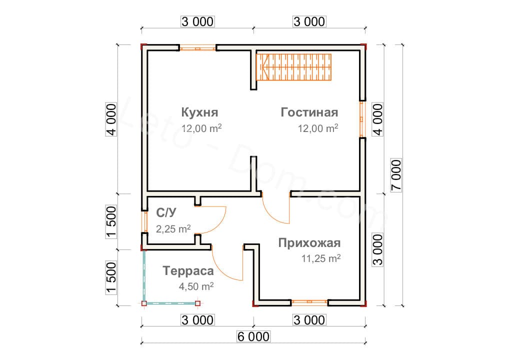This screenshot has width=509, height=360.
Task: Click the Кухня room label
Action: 199,111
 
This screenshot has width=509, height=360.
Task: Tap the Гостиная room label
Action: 309,112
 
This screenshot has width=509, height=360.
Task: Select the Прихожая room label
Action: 309,243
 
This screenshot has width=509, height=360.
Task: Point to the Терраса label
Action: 188,271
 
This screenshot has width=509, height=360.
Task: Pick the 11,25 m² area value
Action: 320,259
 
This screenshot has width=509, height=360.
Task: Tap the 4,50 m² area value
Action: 196,287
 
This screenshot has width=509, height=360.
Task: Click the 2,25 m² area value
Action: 173,229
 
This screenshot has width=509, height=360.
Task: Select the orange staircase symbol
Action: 294,66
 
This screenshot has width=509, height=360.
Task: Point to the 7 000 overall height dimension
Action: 395,175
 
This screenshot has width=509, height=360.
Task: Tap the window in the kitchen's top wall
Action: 198,48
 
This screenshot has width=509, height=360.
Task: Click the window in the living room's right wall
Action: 362,119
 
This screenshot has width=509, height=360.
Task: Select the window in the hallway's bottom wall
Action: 309,302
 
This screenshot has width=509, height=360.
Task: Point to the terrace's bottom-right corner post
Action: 197,303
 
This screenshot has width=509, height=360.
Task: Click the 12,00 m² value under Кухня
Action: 201,128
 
